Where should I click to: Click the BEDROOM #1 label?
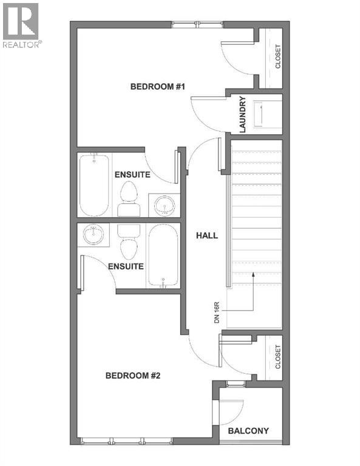[157, 87]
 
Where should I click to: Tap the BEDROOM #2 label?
[132, 376]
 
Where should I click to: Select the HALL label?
[206, 235]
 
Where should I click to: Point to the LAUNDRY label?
[242, 115]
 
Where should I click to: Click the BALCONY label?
[248, 431]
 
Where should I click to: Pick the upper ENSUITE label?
[132, 175]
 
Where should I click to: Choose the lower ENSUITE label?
[126, 266]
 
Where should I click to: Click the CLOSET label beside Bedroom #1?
[278, 57]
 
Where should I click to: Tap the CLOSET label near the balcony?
[278, 357]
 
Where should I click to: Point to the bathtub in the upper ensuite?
[94, 185]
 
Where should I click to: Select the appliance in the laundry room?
[265, 115]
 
